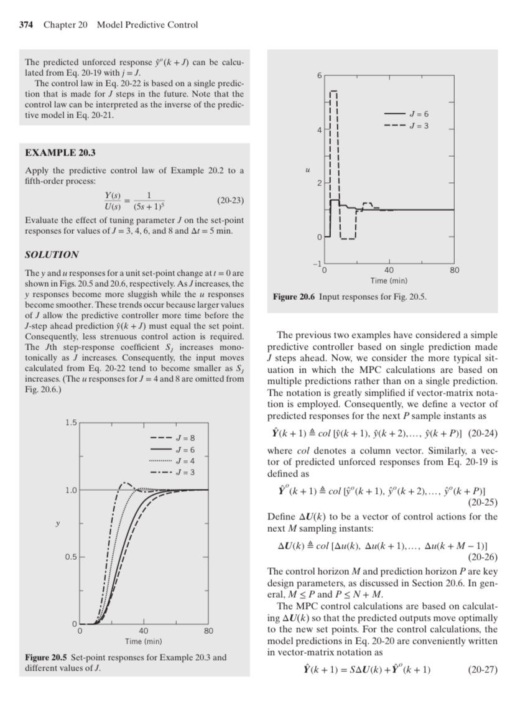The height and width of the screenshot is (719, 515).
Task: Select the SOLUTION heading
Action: coord(52,254)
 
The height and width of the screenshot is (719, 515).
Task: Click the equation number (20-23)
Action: coord(230,200)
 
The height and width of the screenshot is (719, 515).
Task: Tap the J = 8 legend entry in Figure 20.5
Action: coord(185,438)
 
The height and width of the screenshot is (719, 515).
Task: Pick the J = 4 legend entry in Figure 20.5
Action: coord(185,460)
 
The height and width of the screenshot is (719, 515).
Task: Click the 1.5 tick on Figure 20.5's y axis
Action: coord(72,423)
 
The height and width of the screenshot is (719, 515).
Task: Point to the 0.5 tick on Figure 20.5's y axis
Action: coord(72,557)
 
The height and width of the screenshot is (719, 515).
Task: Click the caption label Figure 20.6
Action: coord(295,297)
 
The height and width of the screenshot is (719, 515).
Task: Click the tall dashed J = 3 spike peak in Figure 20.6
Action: coord(333,91)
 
